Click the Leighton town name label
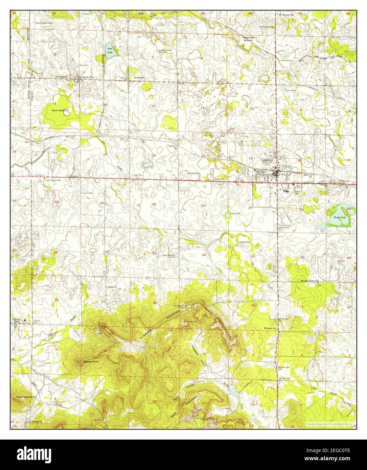[267, 160]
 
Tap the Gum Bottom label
[60, 111]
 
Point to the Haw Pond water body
[111, 50]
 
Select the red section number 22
[154, 204]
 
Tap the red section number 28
[106, 252]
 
